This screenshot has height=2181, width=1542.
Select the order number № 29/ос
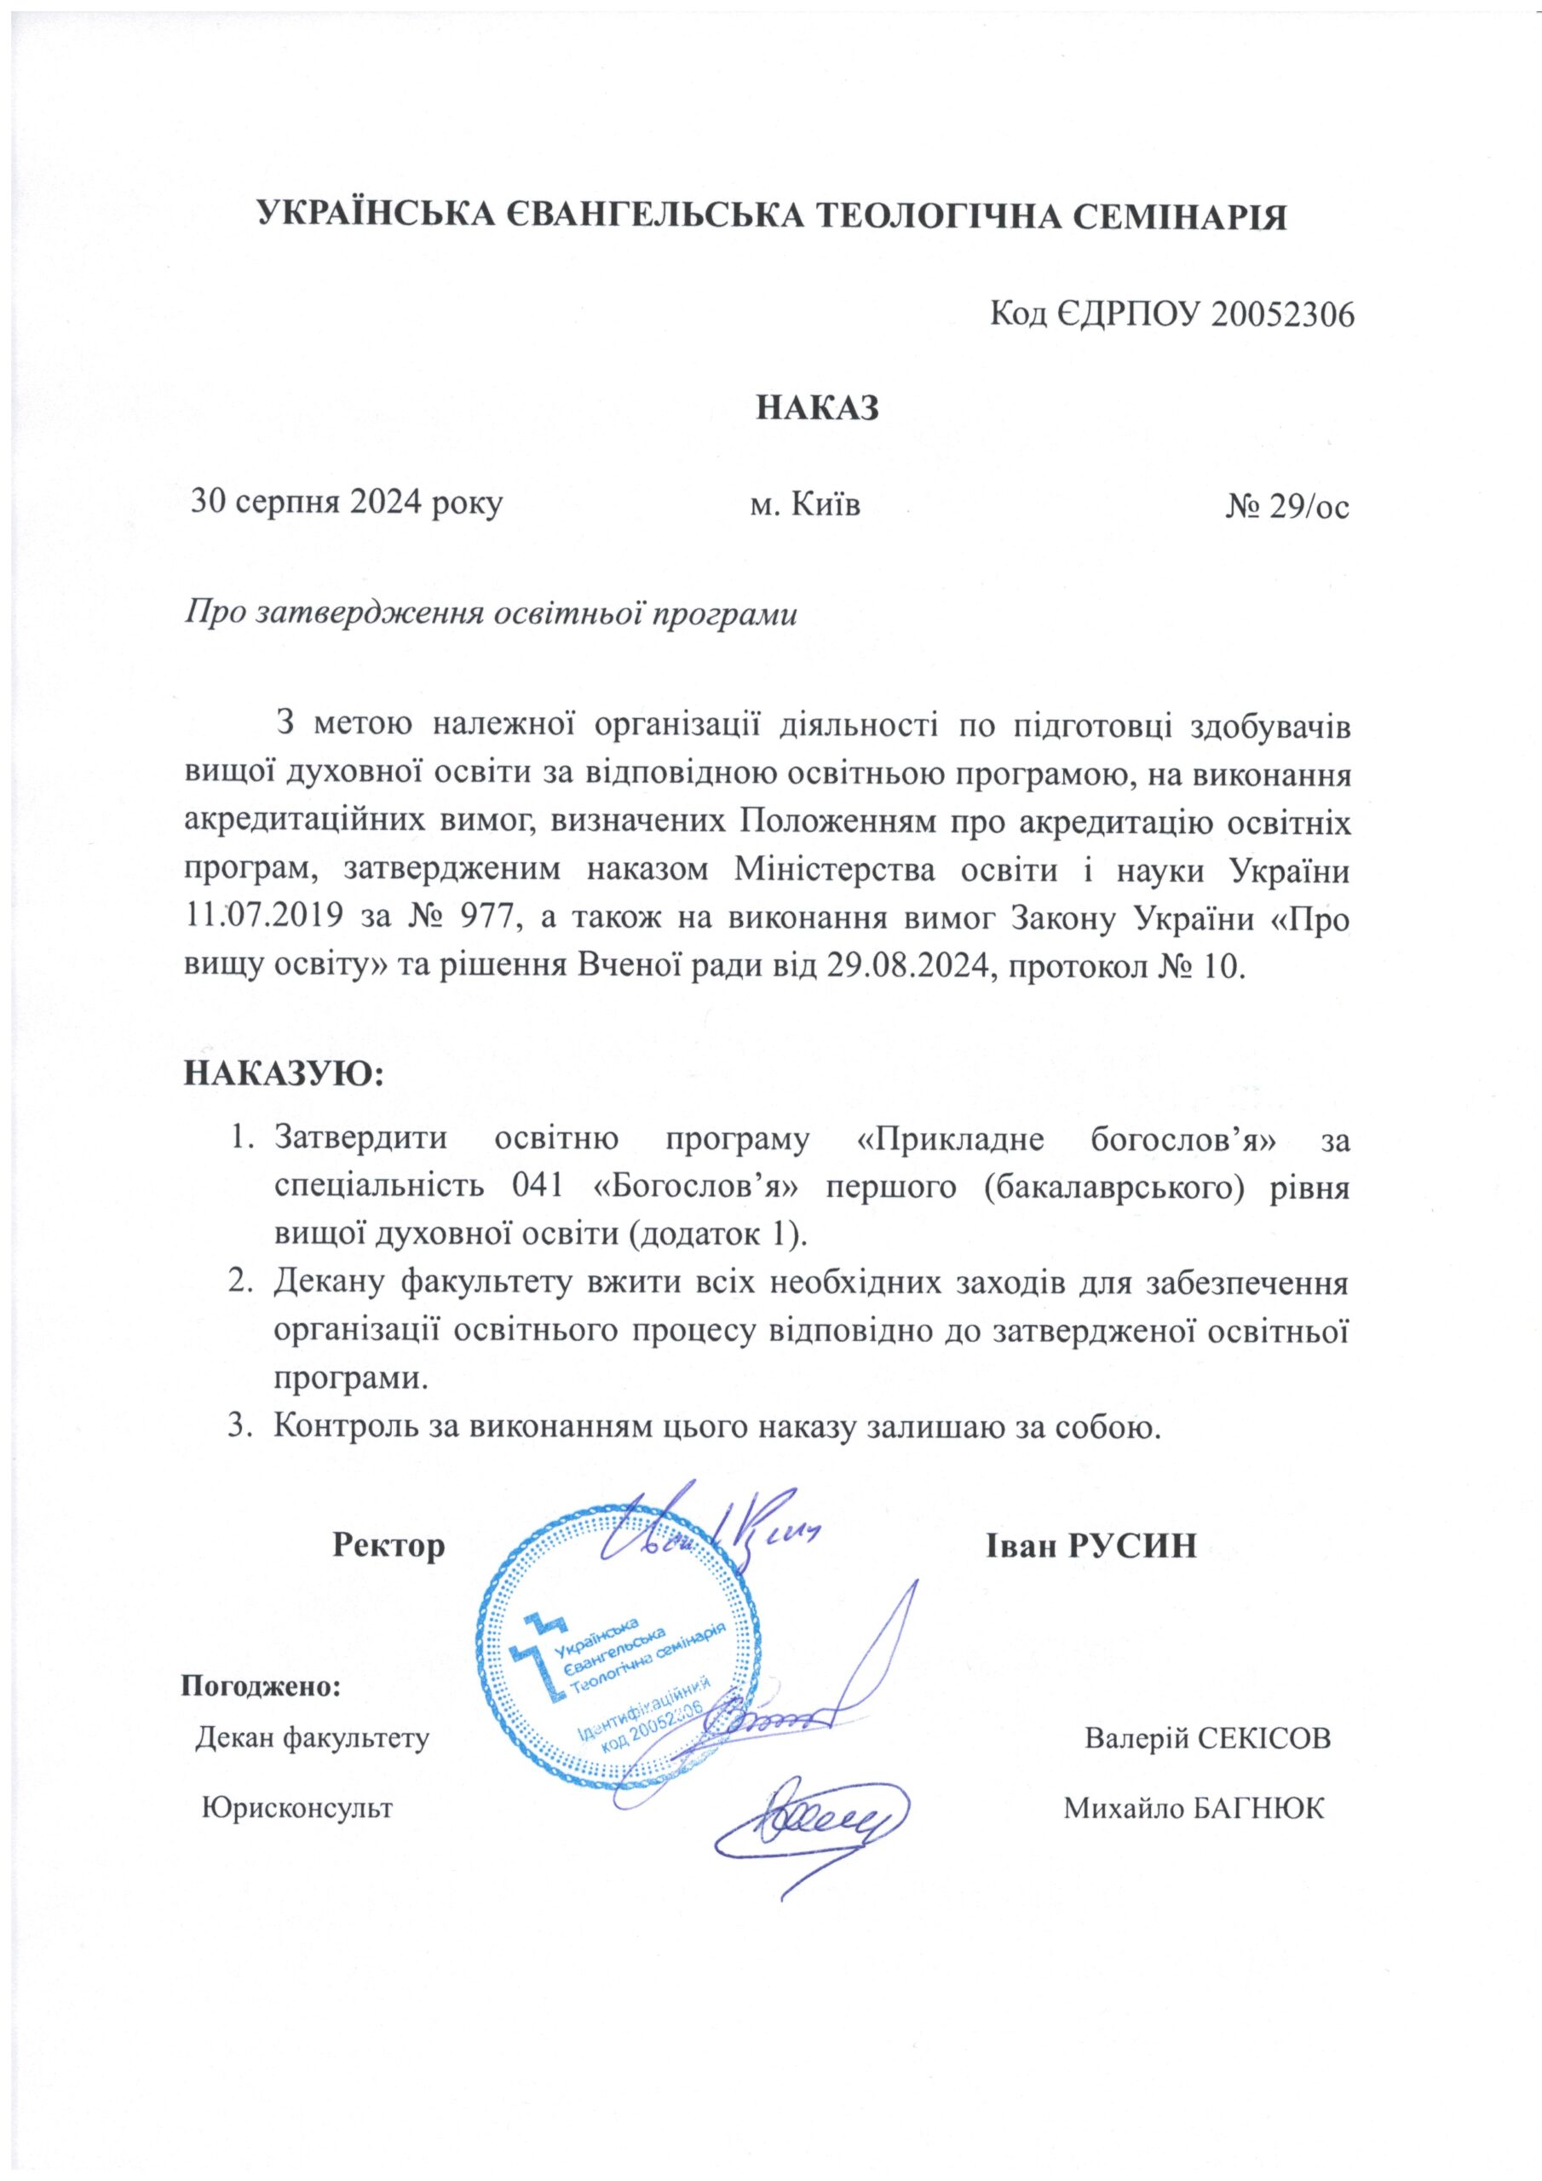[x=1286, y=504]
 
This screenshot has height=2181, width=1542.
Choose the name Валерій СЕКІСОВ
[x=1206, y=1738]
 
